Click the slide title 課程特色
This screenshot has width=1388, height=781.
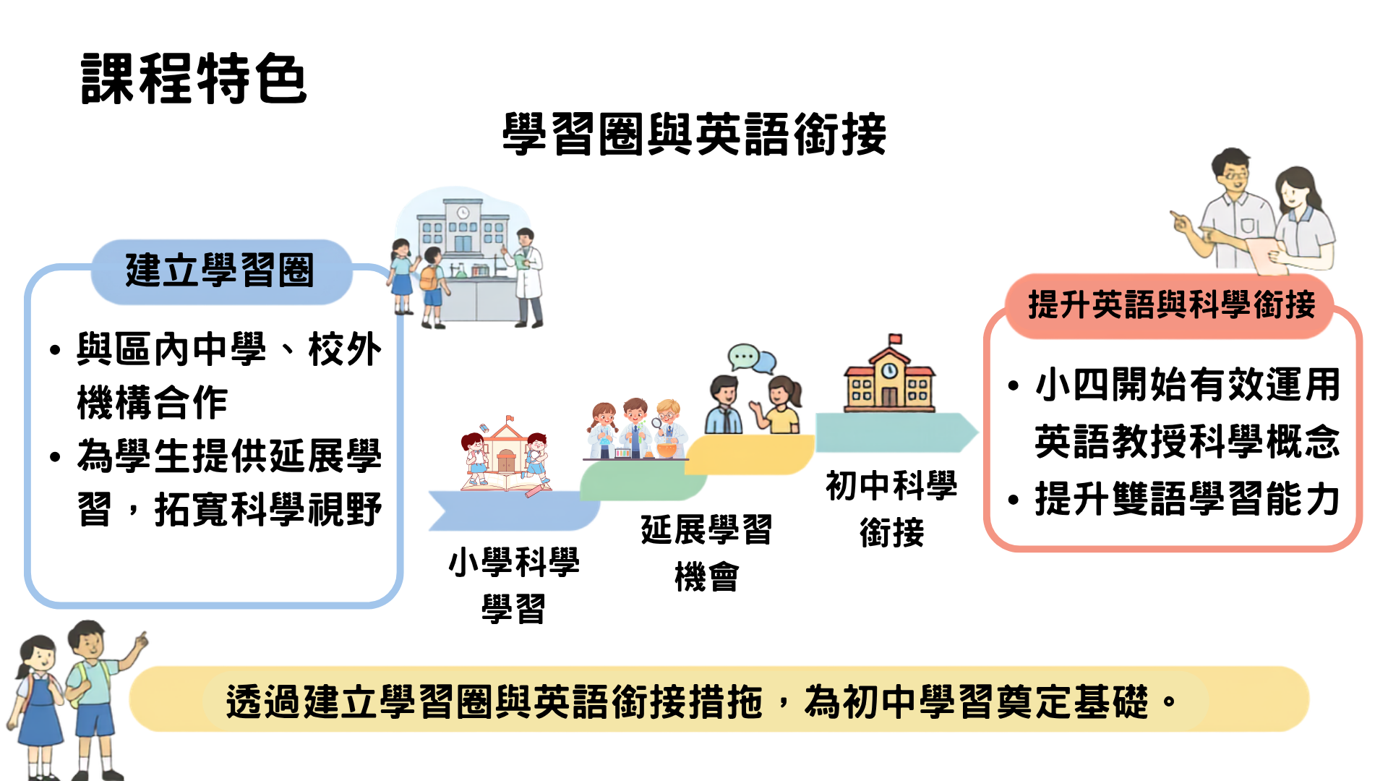194,78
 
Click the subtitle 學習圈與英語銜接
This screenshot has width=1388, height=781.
694,135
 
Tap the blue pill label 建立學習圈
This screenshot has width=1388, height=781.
220,271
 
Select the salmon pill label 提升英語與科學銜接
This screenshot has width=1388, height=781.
1170,304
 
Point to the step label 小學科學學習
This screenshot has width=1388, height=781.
514,585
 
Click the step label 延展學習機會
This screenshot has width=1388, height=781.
706,553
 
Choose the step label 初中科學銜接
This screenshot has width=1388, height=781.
891,508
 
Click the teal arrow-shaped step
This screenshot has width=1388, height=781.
896,432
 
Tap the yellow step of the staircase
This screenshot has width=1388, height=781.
750,454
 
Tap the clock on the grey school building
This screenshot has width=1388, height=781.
463,213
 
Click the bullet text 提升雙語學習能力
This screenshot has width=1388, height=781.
1187,499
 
